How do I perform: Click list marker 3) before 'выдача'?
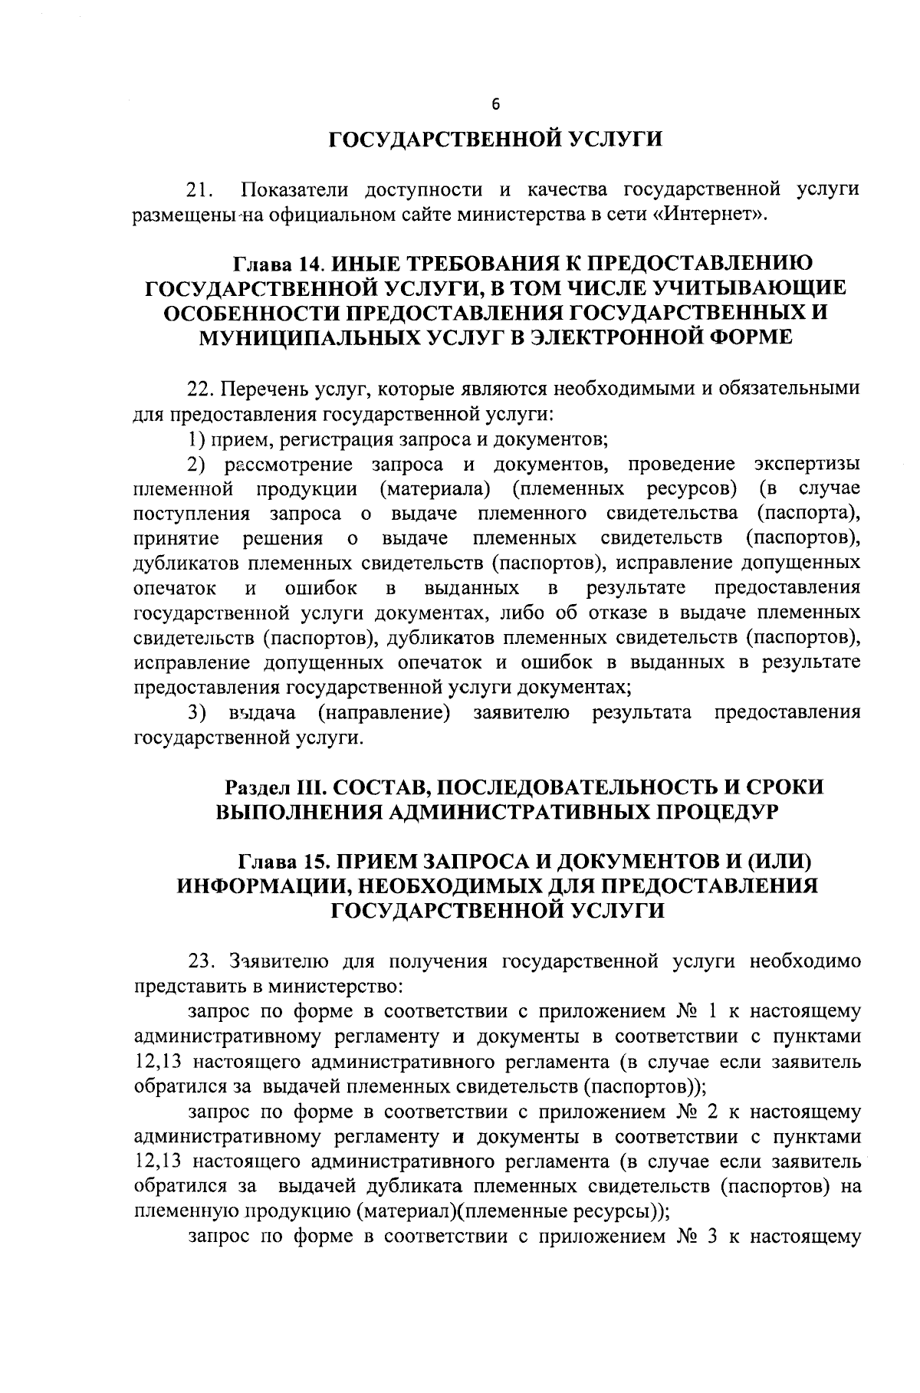pos(198,712)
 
